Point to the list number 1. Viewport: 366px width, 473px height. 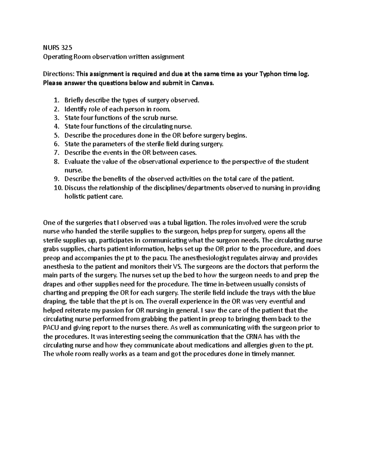[x=56, y=100]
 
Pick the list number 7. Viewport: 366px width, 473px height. [x=56, y=153]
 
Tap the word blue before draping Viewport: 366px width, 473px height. [x=308, y=293]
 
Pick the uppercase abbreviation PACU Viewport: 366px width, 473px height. [x=53, y=328]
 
